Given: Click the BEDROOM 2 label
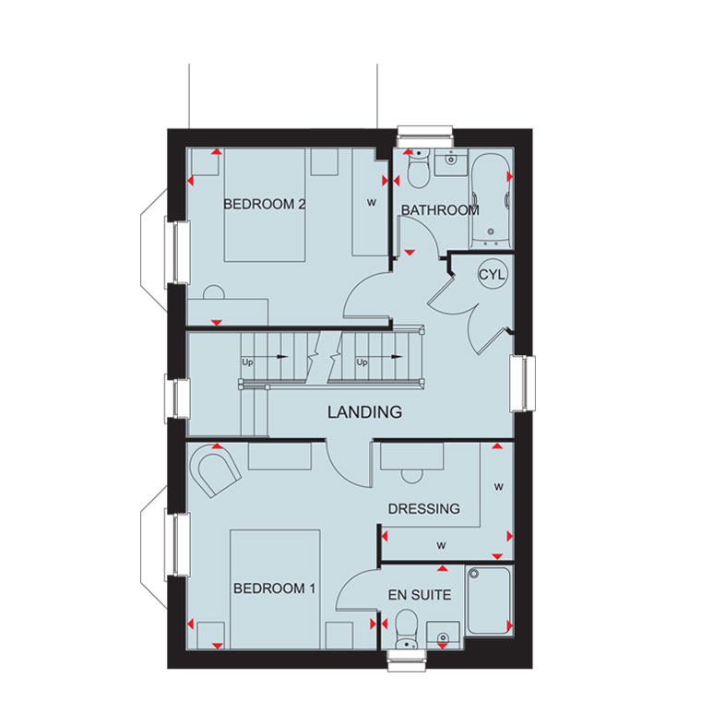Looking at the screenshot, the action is (x=264, y=205).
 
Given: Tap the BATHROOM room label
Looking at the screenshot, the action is (x=440, y=210).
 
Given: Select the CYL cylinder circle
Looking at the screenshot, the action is (x=492, y=275).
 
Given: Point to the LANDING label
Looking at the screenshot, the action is (x=365, y=411).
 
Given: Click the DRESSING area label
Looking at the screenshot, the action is (x=423, y=509).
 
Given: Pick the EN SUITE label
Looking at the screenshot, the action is (x=420, y=595).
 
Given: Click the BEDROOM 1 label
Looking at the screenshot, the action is (x=275, y=588).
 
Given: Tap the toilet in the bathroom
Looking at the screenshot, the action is (x=419, y=169).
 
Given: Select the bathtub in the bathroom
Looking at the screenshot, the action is (x=490, y=200).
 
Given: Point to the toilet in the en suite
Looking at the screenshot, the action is (x=407, y=629).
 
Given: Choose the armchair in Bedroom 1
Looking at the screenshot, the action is (x=214, y=474).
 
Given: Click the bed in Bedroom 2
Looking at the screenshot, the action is (x=265, y=205).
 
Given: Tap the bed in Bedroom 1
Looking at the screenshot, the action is (x=275, y=589).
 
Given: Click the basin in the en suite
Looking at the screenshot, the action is (x=443, y=635).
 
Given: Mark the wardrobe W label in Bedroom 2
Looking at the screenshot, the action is (x=372, y=203).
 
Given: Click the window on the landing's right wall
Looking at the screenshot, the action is (x=523, y=383).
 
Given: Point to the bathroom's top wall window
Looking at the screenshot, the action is (x=424, y=137).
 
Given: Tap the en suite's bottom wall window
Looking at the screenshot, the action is (x=407, y=660).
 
